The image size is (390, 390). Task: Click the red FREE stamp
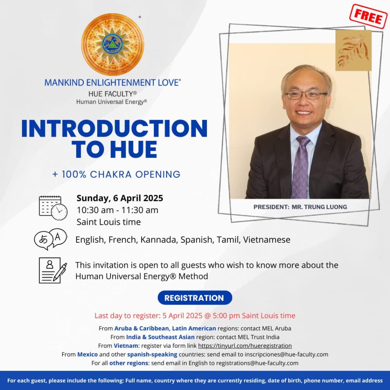tap(368, 17)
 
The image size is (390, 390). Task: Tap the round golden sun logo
tap(113, 45)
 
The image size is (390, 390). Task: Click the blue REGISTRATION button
tap(195, 298)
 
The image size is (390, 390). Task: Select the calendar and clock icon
tap(53, 208)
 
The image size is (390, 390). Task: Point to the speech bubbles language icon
tap(51, 239)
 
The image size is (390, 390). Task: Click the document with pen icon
tap(53, 270)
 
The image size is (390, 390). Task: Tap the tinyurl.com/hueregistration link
tap(245, 346)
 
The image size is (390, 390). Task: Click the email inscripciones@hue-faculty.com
tap(286, 354)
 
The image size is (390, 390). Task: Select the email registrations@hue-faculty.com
tap(257, 363)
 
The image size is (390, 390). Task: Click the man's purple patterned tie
tap(301, 167)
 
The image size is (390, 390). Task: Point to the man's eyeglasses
tap(306, 95)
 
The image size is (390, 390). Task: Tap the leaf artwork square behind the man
tap(353, 51)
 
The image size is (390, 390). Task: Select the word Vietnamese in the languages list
tap(267, 240)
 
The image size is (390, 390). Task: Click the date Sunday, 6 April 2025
tap(120, 198)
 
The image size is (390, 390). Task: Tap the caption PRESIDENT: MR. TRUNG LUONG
tap(300, 207)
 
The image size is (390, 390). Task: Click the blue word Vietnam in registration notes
tap(126, 346)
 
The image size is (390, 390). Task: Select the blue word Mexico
tap(87, 354)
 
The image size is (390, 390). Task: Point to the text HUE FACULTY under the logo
tap(112, 94)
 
